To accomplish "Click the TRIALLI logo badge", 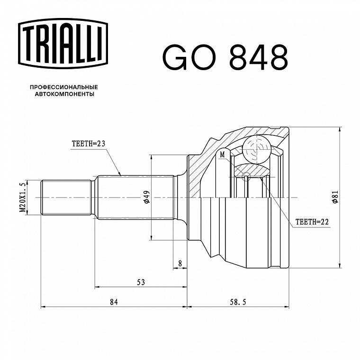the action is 63,44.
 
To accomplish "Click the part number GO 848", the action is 225,57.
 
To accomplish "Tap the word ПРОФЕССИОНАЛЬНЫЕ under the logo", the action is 64,87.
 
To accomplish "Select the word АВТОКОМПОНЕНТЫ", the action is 64,94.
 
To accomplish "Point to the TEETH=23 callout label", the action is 89,144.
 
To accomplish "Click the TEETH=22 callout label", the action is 312,222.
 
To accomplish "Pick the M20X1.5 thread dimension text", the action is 22,198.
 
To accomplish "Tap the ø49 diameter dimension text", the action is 146,197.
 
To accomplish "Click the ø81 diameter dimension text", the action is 335,197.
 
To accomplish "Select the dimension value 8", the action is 180,263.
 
